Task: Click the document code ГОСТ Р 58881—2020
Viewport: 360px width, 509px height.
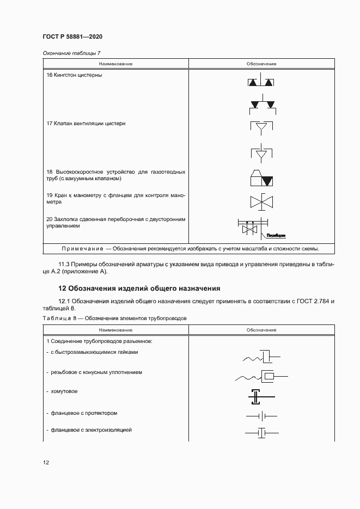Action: [x=72, y=36]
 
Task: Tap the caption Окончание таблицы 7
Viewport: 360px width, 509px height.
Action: [x=71, y=53]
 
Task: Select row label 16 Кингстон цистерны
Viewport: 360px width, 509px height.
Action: [x=75, y=75]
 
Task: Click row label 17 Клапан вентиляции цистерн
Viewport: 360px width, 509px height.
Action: [x=86, y=124]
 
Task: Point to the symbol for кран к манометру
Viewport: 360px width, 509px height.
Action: [x=261, y=201]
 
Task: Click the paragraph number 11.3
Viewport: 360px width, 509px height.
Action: [x=64, y=264]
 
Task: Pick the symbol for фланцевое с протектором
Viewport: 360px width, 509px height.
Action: [x=261, y=416]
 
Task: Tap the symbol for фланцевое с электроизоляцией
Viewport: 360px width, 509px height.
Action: [x=261, y=433]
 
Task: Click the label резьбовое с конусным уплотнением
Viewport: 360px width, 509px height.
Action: [x=97, y=373]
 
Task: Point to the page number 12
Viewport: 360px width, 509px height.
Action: [x=46, y=463]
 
